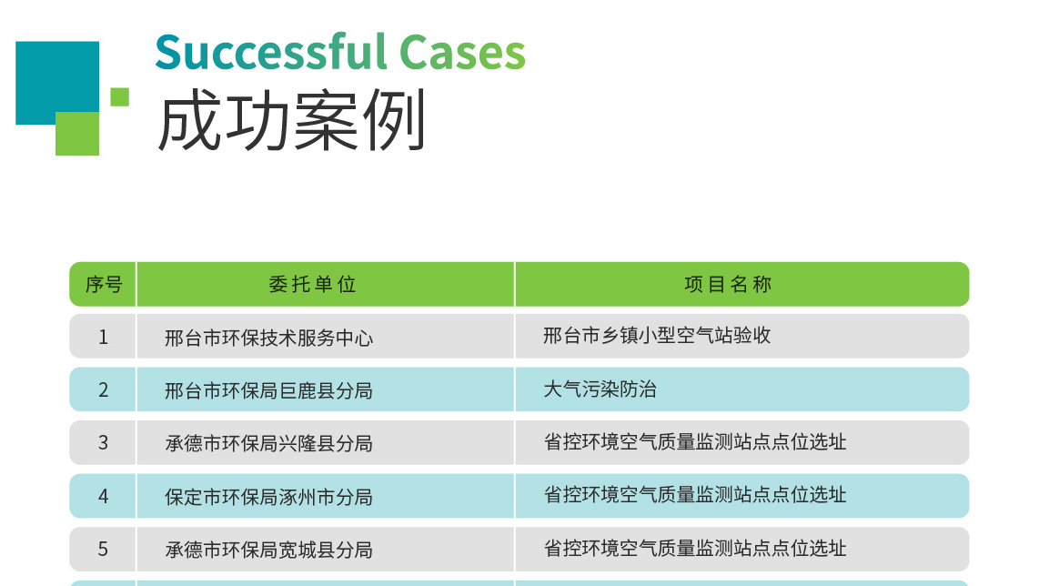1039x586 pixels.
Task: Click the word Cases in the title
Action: (x=462, y=53)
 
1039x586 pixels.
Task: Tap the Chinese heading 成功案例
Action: (x=291, y=121)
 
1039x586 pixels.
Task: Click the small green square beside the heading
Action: (x=120, y=96)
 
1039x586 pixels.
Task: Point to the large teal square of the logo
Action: (x=57, y=82)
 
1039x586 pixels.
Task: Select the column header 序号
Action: (x=104, y=285)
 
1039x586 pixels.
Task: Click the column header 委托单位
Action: (x=313, y=285)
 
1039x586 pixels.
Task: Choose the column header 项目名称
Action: (x=728, y=285)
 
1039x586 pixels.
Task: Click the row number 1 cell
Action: (x=104, y=338)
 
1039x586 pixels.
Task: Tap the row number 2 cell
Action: (x=104, y=389)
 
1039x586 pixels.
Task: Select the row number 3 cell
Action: (x=104, y=443)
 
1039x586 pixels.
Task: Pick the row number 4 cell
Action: (x=104, y=497)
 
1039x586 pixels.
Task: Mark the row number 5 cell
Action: (x=104, y=549)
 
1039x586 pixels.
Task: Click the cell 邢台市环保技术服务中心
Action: (x=269, y=338)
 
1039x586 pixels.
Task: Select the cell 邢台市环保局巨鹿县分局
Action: (x=269, y=390)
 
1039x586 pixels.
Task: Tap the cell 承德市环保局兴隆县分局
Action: (x=269, y=443)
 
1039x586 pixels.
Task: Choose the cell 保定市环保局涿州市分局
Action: (x=269, y=497)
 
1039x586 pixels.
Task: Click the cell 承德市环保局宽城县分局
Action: (x=269, y=550)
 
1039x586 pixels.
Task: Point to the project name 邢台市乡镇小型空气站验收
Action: (x=657, y=336)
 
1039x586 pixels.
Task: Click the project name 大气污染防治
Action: (x=600, y=389)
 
